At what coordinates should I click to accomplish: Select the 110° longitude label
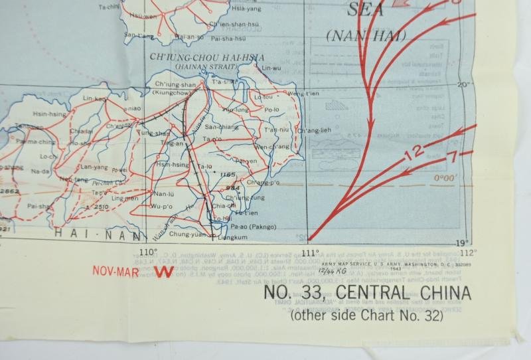click(x=147, y=252)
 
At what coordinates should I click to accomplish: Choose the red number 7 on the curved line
click(x=452, y=157)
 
